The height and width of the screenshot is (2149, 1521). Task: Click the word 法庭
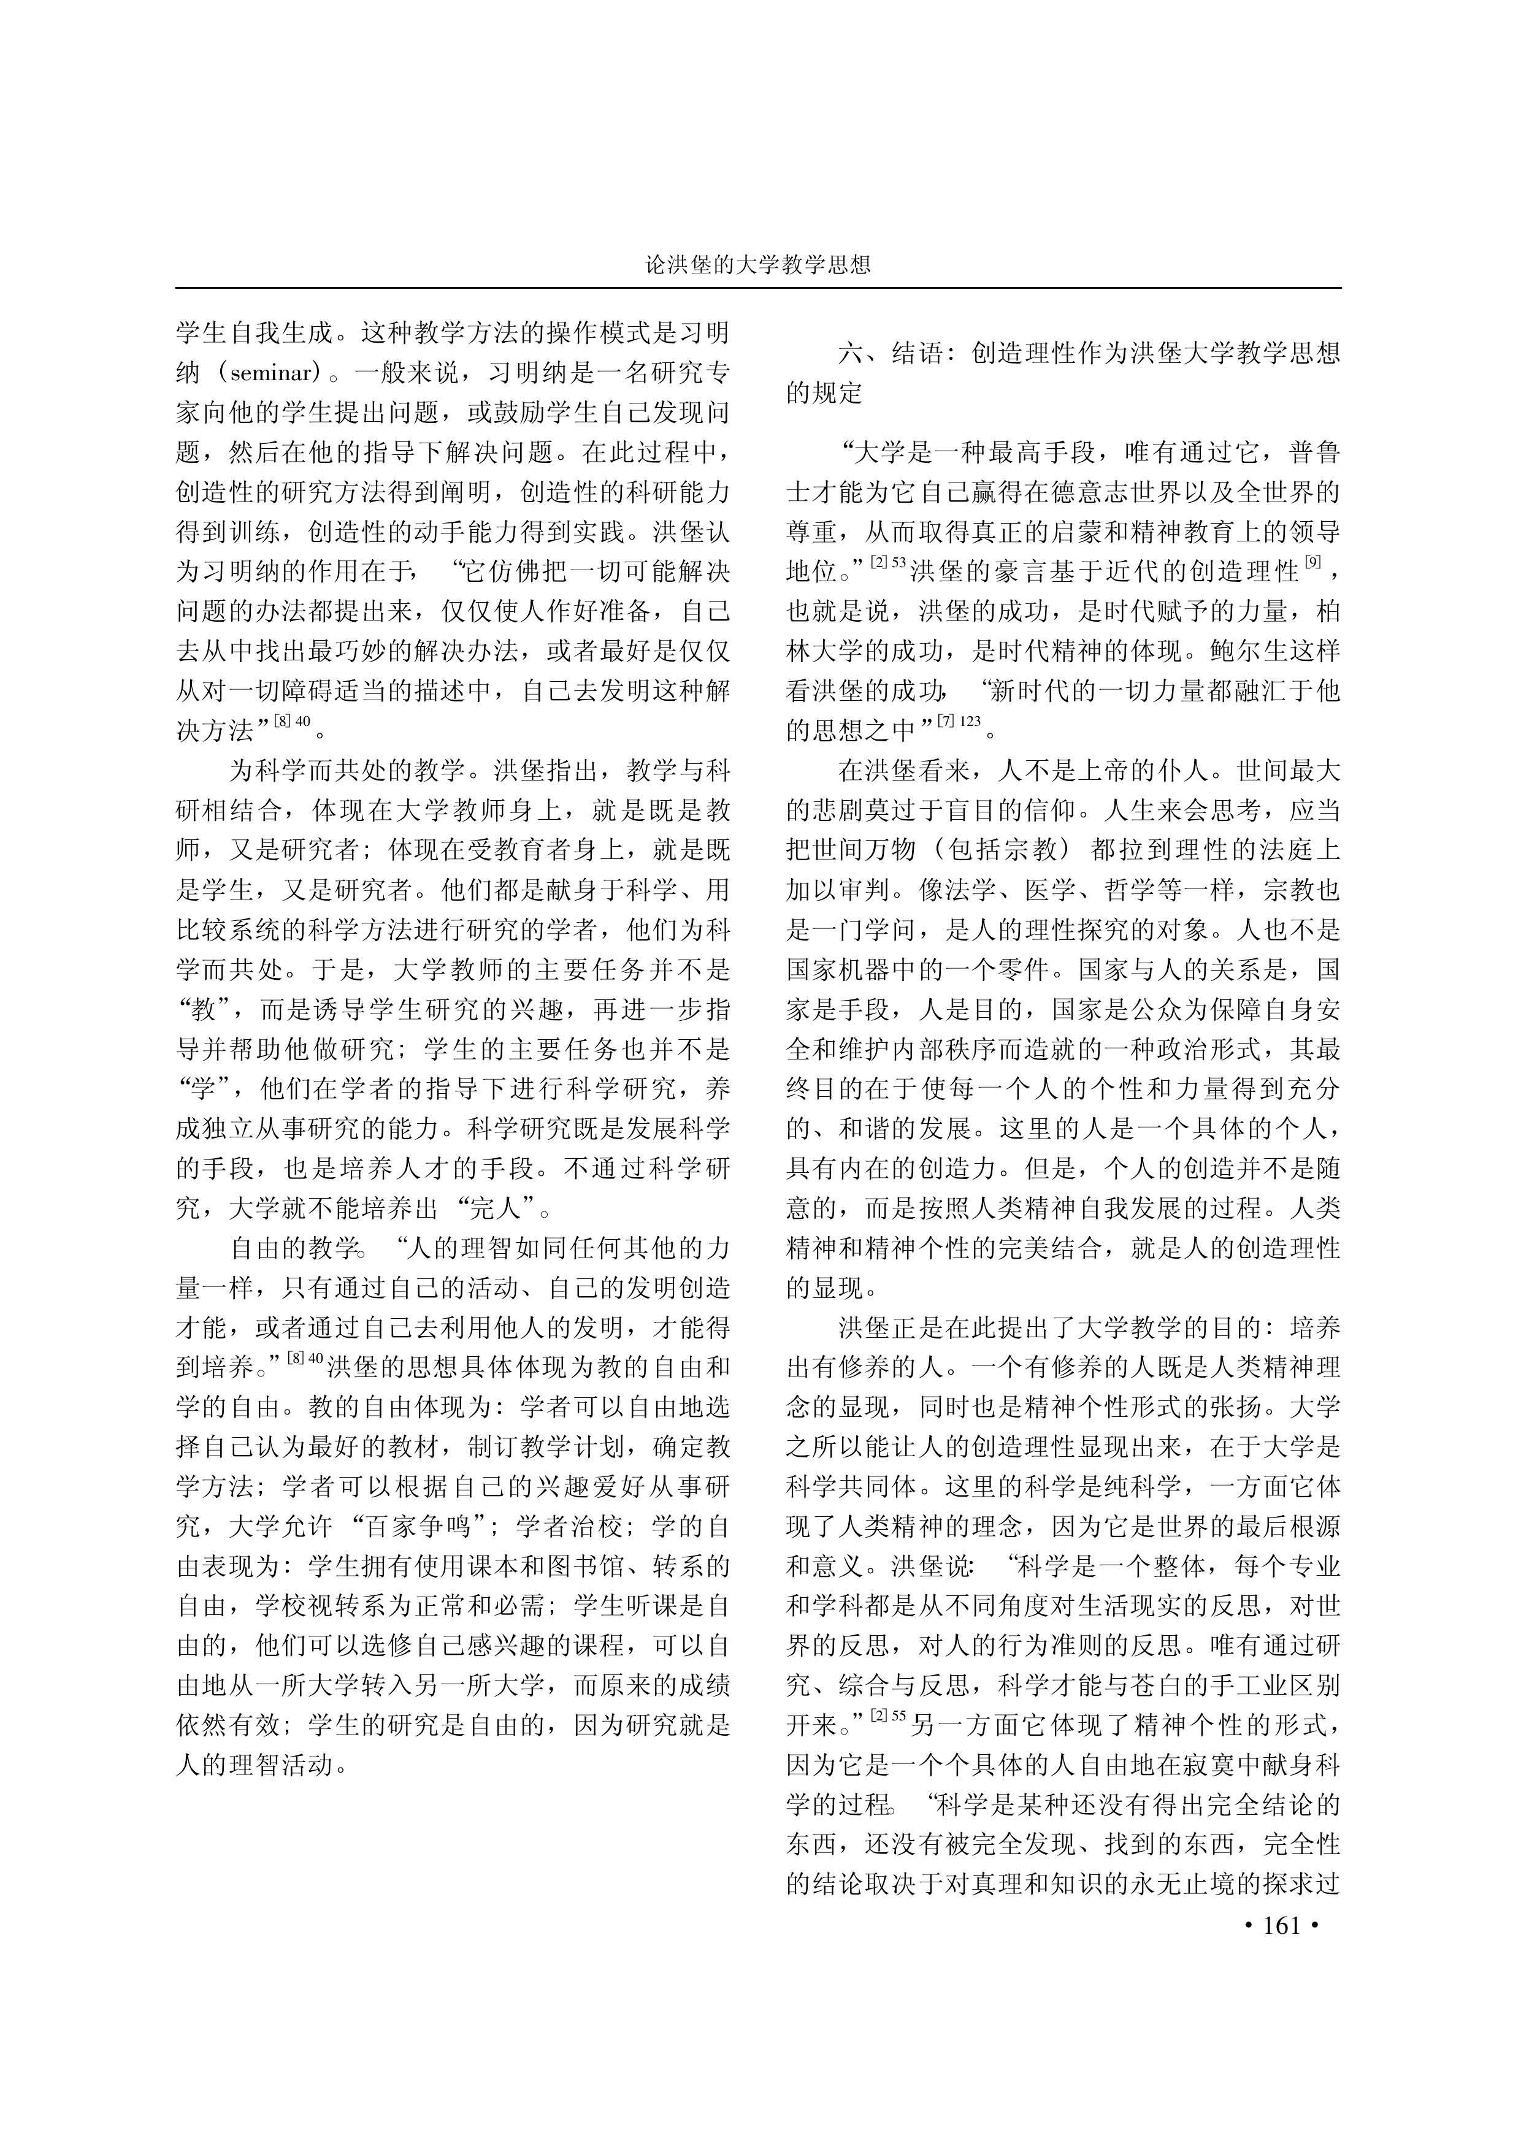tap(1274, 850)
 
